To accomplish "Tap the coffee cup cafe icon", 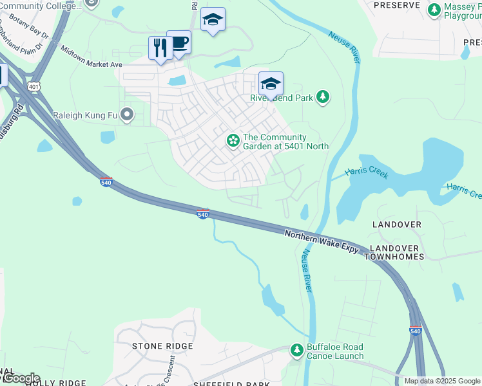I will coord(178,42).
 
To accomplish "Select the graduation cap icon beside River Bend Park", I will coord(271,84).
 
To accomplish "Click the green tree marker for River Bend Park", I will coord(323,98).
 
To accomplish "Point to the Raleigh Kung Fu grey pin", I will coord(127,115).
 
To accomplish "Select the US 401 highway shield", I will coord(34,86).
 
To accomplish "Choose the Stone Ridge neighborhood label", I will coord(162,346).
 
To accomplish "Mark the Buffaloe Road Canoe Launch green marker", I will coord(297,351).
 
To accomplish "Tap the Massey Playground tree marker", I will coord(433,10).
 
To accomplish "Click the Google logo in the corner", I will coord(21,378).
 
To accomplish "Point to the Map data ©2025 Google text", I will coord(441,381).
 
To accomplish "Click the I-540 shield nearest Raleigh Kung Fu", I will coord(106,183).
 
